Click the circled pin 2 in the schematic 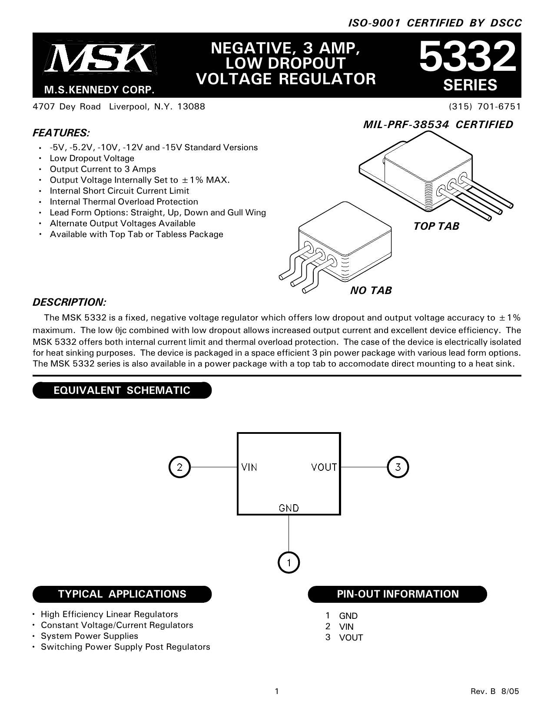click(x=179, y=467)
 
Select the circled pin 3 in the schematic click(x=398, y=467)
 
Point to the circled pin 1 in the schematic click(x=289, y=563)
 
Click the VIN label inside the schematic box click(x=249, y=467)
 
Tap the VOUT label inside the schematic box click(x=324, y=467)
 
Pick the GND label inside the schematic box click(x=289, y=508)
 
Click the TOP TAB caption click(x=436, y=226)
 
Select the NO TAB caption click(x=371, y=290)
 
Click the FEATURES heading click(x=61, y=132)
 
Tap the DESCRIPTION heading click(x=70, y=302)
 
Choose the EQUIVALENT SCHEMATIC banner click(x=122, y=390)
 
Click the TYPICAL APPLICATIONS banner click(x=122, y=594)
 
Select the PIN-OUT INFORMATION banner click(x=398, y=594)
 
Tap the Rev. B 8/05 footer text click(x=495, y=691)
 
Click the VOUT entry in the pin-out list click(x=351, y=638)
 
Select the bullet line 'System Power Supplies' click(x=89, y=636)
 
